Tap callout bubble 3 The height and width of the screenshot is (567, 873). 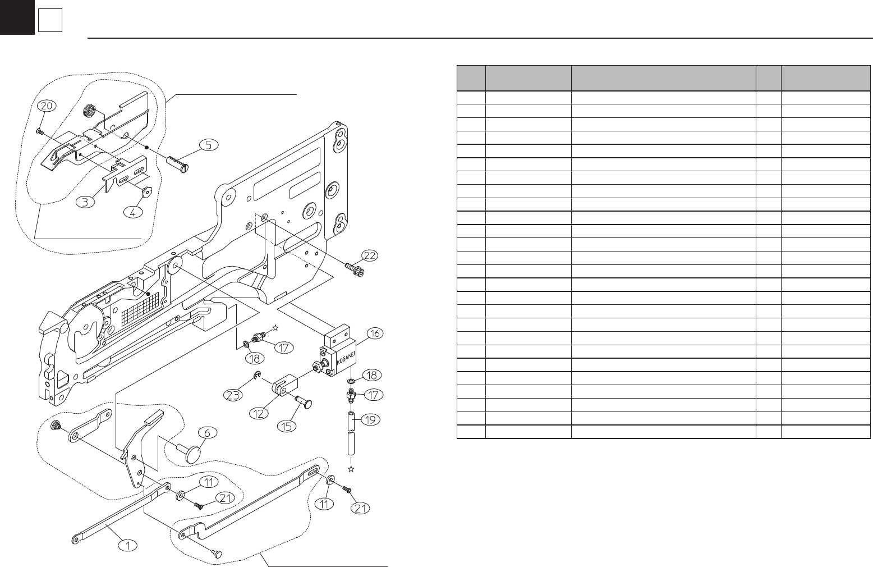point(85,202)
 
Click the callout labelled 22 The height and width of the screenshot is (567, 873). point(369,255)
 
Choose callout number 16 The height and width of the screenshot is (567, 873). point(375,333)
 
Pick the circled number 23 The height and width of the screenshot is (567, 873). point(233,395)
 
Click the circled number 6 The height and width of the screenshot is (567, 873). point(207,433)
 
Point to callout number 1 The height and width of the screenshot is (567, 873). point(128,545)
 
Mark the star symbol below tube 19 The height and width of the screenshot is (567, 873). point(351,469)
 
